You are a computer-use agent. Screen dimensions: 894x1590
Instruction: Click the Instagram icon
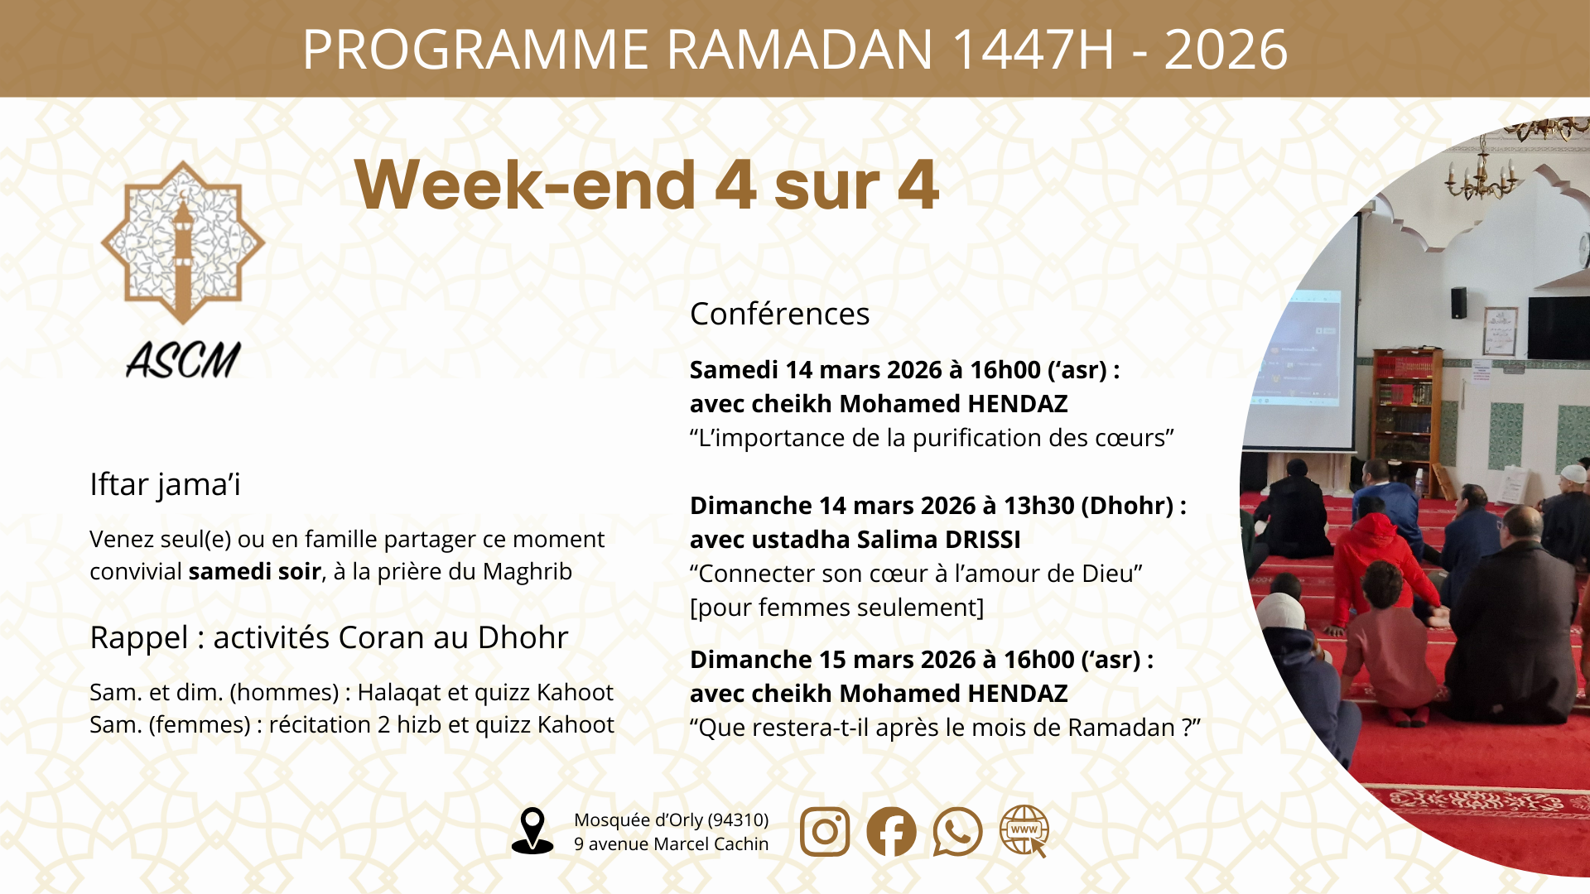(825, 831)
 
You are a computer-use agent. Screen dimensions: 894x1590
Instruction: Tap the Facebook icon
(891, 831)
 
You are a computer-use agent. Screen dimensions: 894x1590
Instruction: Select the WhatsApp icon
(957, 831)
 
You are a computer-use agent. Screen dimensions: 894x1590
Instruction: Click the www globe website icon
(1024, 830)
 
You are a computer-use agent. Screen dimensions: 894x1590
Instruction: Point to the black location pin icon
(532, 829)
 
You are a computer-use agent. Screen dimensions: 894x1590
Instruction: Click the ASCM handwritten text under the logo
(183, 361)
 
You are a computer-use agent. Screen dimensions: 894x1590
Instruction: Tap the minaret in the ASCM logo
(183, 248)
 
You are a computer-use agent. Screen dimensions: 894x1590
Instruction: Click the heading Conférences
(779, 314)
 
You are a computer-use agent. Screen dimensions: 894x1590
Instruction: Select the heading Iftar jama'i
(165, 484)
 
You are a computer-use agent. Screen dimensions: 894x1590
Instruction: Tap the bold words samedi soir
(254, 572)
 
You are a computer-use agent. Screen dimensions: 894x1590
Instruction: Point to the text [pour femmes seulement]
(836, 608)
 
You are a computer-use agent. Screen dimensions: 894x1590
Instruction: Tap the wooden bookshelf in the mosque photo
(1405, 406)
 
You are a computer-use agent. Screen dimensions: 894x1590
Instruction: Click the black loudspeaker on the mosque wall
(1458, 302)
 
